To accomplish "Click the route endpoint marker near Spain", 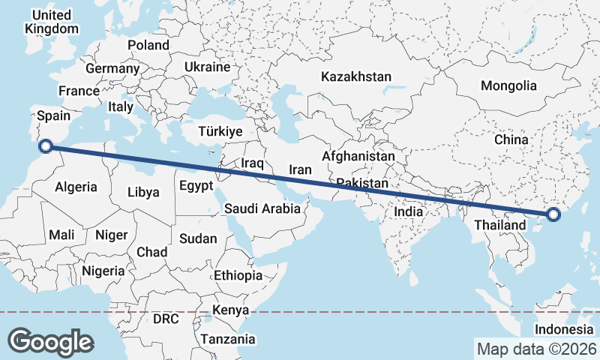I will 45,147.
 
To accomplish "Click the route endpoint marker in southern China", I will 553,215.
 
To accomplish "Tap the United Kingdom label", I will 51,22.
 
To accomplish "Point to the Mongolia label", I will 509,85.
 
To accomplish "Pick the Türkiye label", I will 220,131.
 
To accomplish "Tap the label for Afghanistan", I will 358,157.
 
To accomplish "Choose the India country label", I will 409,211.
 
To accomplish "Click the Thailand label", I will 499,225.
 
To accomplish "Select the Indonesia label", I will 565,330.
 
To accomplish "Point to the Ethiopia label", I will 238,275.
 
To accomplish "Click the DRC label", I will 166,319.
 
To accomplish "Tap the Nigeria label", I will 103,271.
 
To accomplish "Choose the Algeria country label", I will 76,187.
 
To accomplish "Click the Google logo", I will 50,341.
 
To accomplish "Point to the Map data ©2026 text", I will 536,349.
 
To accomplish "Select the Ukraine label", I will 207,67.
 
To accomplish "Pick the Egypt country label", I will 196,185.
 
